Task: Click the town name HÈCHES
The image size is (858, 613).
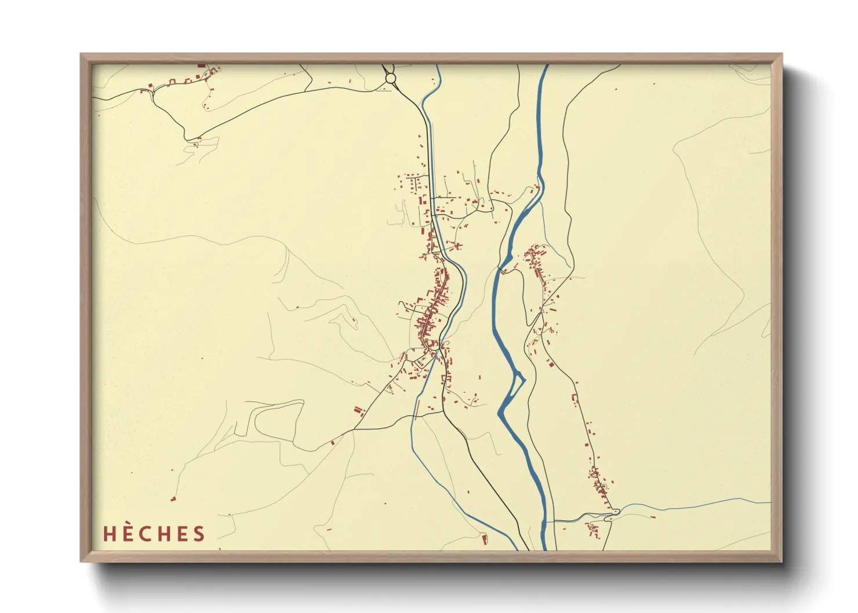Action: (154, 534)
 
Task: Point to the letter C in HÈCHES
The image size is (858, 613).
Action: (147, 534)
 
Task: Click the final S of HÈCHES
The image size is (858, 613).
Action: (199, 534)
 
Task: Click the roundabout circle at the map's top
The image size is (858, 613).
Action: (391, 78)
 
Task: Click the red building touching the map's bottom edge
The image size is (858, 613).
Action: (485, 540)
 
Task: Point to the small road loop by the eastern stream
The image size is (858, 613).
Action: (615, 511)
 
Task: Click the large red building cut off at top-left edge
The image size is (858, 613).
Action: (201, 66)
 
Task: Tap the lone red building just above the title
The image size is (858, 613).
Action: (173, 498)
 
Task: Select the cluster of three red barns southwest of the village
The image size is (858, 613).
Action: (358, 411)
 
